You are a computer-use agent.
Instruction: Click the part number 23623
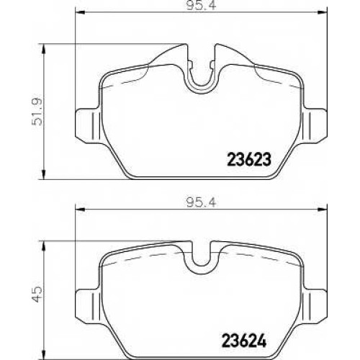coord(249,159)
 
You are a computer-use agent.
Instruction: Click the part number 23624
coord(245,341)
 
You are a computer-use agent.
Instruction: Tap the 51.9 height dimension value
coord(37,112)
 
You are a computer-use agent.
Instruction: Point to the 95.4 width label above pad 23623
coord(202,5)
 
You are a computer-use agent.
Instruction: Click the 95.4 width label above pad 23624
coord(202,203)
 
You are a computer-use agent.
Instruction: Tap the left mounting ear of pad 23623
coord(88,126)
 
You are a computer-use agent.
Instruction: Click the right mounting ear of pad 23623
coord(315,126)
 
